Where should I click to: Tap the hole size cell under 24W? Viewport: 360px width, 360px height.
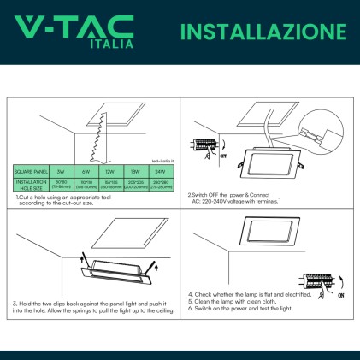pos(160,184)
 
